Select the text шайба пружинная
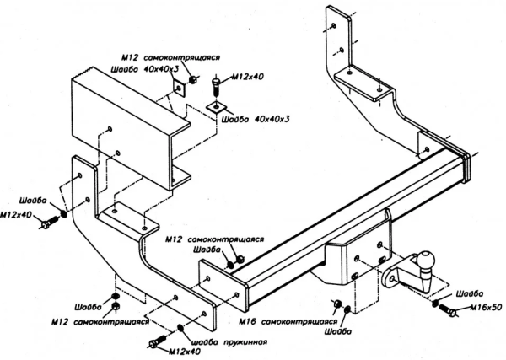229,341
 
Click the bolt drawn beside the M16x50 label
448,313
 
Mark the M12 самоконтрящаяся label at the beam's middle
207,239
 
